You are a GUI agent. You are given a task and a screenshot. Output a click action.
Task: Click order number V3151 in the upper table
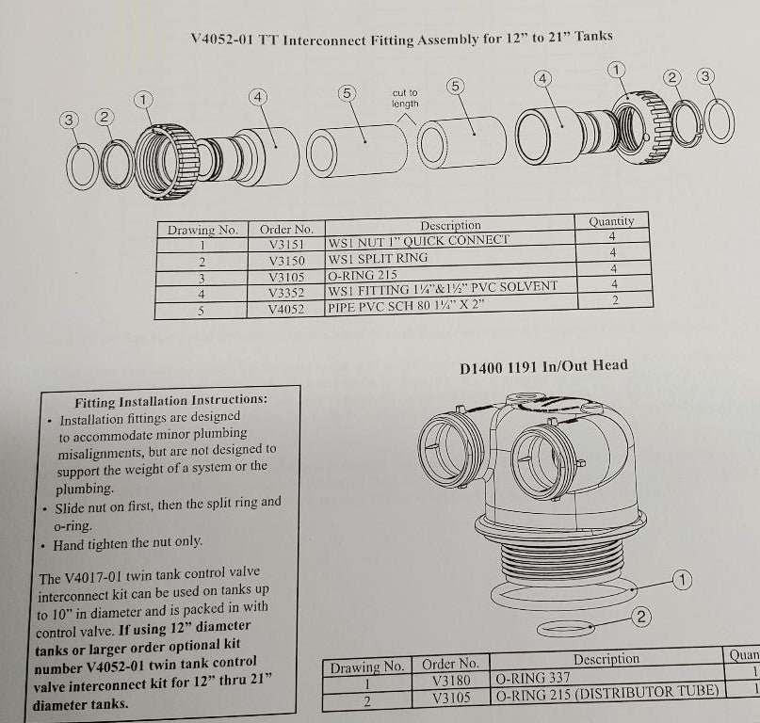286,244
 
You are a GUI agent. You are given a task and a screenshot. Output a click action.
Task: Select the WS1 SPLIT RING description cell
450,256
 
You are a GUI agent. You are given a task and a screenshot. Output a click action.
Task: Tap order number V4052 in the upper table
286,309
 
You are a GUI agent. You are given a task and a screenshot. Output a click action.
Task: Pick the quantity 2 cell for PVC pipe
615,300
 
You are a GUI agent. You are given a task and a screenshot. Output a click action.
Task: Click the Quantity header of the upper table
611,221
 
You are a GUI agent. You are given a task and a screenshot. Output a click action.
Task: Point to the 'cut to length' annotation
405,98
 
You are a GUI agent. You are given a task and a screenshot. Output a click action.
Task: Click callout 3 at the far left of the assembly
69,120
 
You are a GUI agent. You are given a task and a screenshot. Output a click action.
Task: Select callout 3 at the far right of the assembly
705,76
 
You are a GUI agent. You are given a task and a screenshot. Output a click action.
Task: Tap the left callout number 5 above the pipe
347,92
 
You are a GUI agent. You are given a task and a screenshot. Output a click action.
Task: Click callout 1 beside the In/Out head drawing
683,580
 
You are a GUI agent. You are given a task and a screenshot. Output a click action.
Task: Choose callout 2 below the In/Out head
641,617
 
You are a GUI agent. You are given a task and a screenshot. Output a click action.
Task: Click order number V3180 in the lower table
451,681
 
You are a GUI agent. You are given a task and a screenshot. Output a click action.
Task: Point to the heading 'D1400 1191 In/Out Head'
543,366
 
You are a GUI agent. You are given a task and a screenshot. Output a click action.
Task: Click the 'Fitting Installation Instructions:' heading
170,401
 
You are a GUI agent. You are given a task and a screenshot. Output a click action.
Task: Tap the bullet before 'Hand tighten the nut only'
43,546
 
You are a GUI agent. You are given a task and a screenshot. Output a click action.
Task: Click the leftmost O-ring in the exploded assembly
82,167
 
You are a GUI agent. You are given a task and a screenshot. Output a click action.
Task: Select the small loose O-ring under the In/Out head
566,629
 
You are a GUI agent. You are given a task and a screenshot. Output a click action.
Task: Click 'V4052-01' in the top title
222,39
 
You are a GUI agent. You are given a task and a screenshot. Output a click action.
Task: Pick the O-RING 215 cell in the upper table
363,275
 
